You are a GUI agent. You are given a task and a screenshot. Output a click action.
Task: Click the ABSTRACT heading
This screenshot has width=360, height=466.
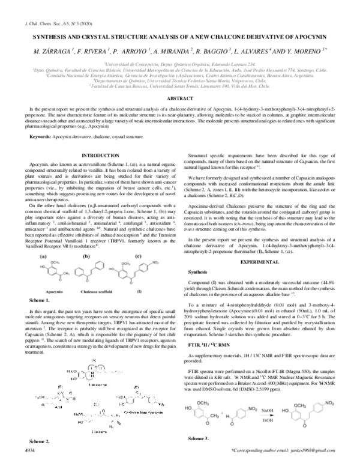[179, 97]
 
